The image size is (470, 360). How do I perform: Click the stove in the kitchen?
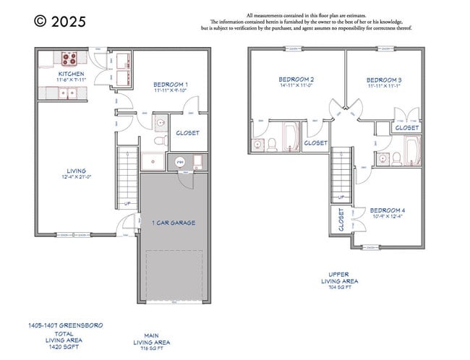pyautogui.click(x=71, y=59)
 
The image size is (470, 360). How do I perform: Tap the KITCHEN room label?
pyautogui.click(x=71, y=74)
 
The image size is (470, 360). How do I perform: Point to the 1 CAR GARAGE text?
pyautogui.click(x=174, y=223)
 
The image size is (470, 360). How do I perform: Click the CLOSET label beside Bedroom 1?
pyautogui.click(x=188, y=133)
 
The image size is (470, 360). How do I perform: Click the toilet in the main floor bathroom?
pyautogui.click(x=160, y=124)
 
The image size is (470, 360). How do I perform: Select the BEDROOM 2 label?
pyautogui.click(x=296, y=80)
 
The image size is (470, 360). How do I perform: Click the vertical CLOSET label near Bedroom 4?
pyautogui.click(x=341, y=220)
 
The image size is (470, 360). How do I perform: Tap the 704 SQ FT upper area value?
pyautogui.click(x=339, y=287)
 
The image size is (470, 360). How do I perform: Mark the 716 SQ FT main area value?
pyautogui.click(x=152, y=348)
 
